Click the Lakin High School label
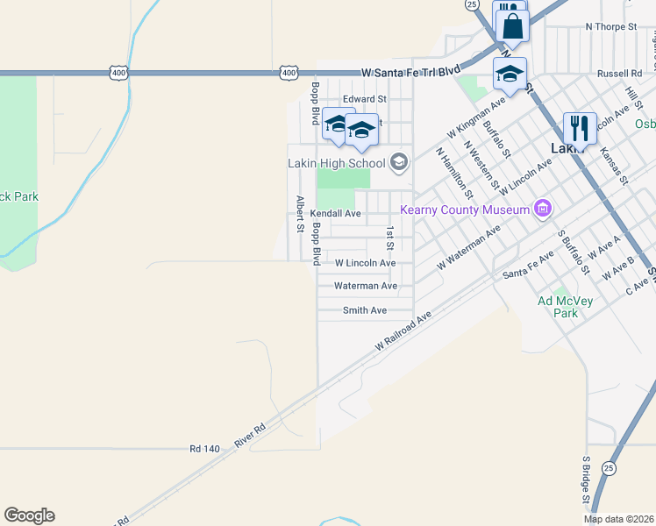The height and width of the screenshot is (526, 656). [x=337, y=162]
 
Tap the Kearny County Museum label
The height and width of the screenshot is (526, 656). [x=465, y=209]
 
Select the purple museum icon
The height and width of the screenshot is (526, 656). [x=543, y=209]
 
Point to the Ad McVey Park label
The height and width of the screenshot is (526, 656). [x=565, y=307]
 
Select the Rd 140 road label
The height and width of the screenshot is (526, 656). [x=204, y=448]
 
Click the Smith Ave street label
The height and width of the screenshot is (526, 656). [x=365, y=310]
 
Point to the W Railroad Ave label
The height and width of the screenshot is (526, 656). [x=404, y=331]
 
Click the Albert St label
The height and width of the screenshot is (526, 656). [x=300, y=214]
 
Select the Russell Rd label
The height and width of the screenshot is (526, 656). [x=619, y=74]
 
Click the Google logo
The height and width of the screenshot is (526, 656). [x=29, y=515]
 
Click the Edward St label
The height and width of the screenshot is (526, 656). [x=365, y=99]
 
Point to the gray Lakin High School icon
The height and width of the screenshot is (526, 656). [x=399, y=162]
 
